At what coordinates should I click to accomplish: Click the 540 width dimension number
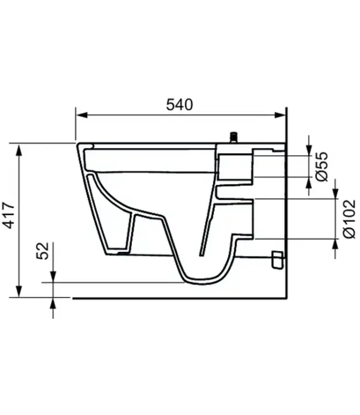click(x=180, y=104)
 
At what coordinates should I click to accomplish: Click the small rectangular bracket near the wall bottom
click(x=277, y=260)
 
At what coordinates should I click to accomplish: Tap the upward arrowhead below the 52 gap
click(x=53, y=302)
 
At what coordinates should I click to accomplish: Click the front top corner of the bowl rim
click(x=78, y=145)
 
